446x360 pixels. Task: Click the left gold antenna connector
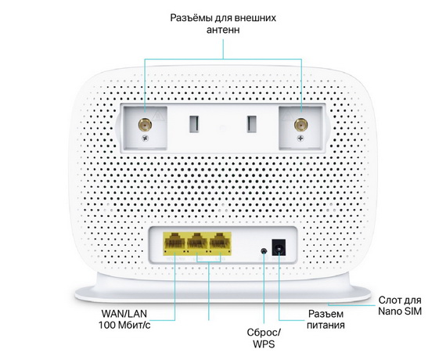[145, 124]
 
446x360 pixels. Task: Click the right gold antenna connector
[300, 125]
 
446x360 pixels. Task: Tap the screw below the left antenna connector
[146, 139]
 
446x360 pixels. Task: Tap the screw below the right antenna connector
[300, 139]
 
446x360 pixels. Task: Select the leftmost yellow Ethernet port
[174, 243]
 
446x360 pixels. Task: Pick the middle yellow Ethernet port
[197, 243]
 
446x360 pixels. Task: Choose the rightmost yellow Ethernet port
[220, 243]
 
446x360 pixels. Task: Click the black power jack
[279, 247]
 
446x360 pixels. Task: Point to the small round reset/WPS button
[264, 251]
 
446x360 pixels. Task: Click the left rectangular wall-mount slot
[195, 124]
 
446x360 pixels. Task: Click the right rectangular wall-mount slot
[252, 124]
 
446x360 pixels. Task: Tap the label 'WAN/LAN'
[124, 314]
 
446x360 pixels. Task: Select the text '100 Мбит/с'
[124, 325]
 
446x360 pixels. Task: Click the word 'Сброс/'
[264, 332]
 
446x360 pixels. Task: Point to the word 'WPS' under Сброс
[264, 344]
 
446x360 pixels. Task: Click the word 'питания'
[326, 325]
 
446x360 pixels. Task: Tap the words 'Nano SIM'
[400, 311]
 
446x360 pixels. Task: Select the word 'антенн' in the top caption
[223, 30]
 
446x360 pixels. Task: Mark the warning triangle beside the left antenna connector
[158, 116]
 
